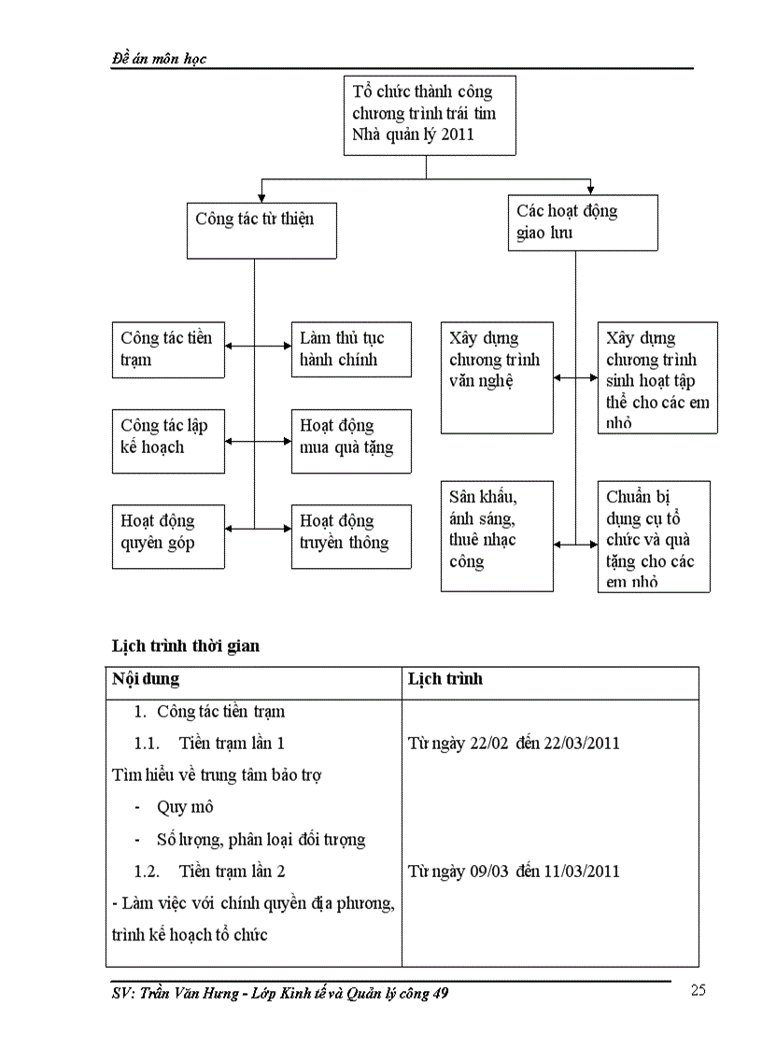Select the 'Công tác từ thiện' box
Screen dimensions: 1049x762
click(x=261, y=230)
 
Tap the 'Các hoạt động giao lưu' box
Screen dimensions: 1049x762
click(x=583, y=222)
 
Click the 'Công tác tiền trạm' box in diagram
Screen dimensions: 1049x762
click(x=168, y=349)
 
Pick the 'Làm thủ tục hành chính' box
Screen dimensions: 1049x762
click(x=350, y=349)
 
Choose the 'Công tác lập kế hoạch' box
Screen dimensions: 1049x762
click(x=168, y=436)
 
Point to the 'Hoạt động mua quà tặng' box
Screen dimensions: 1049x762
click(x=350, y=436)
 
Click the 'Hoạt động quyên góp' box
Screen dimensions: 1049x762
click(x=168, y=535)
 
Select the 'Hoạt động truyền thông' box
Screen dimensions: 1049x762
click(x=350, y=535)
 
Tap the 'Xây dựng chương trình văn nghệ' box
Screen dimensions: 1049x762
click(x=497, y=377)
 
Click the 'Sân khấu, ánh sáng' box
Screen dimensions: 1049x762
click(x=497, y=535)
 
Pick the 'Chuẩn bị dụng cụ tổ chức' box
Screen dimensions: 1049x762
click(x=654, y=536)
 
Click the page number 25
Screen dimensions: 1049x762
click(x=698, y=991)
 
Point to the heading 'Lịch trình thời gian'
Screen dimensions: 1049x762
click(x=185, y=645)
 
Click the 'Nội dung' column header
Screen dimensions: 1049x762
click(x=146, y=679)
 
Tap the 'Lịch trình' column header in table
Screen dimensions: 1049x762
click(x=445, y=679)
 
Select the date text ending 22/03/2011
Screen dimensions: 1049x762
click(x=515, y=744)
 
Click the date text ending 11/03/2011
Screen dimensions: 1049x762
click(x=515, y=872)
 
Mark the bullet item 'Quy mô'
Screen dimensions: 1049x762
click(x=185, y=807)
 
